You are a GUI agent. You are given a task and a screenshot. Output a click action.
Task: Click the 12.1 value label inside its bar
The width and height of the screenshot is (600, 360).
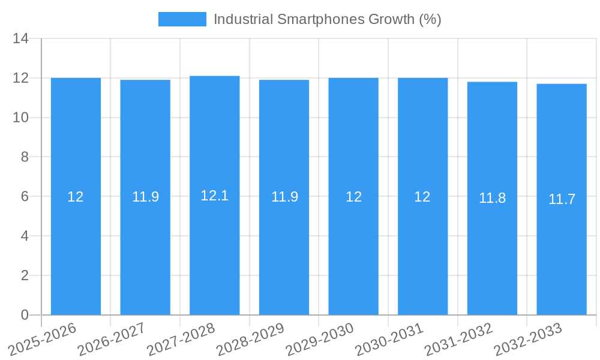click(214, 196)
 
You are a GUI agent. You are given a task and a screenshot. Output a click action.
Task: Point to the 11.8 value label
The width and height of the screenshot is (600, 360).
click(492, 198)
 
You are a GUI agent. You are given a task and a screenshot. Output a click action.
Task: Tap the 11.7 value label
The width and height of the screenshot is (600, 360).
click(562, 199)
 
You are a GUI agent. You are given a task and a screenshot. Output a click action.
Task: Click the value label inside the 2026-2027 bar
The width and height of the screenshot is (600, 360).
click(145, 197)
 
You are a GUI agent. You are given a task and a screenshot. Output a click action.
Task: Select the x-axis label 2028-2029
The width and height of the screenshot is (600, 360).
click(250, 339)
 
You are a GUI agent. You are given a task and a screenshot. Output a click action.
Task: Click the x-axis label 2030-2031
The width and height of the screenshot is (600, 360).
click(389, 339)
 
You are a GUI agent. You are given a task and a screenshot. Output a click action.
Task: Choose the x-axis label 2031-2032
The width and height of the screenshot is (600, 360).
click(459, 339)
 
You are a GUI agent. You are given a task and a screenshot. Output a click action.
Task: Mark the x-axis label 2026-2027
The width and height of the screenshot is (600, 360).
click(112, 339)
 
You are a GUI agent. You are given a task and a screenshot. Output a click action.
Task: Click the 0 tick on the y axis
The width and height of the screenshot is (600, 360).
click(25, 315)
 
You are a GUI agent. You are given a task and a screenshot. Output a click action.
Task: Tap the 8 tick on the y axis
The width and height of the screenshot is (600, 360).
click(25, 157)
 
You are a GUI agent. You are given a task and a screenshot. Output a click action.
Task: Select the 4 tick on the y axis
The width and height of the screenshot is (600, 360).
click(25, 236)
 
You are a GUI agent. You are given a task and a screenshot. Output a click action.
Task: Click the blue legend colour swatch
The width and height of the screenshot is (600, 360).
click(182, 19)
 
